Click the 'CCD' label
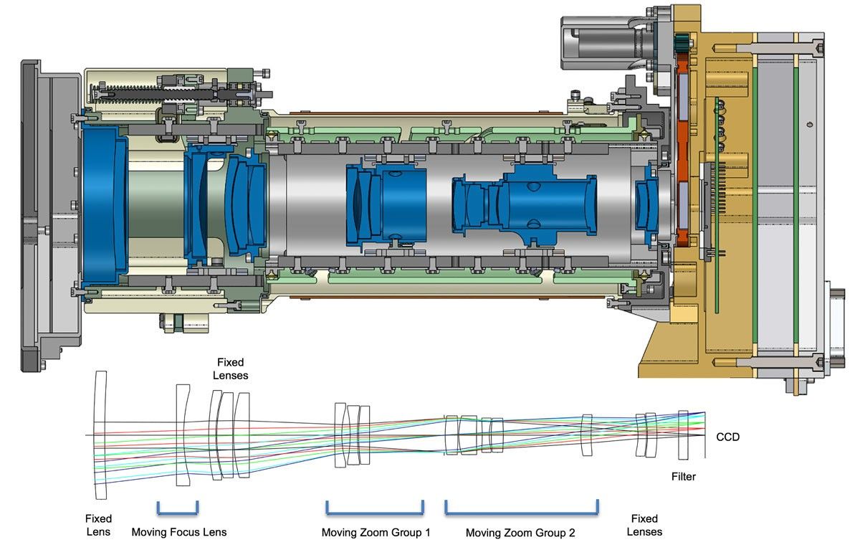(727, 437)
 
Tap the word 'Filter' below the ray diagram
(683, 476)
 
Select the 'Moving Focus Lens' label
(178, 532)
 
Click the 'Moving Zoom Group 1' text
(376, 532)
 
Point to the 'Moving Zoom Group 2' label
(520, 533)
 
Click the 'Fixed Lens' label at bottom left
(98, 525)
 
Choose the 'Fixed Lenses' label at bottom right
(644, 525)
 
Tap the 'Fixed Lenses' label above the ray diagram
(231, 368)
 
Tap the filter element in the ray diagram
(682, 435)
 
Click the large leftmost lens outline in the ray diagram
(100, 435)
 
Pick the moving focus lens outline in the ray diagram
(183, 435)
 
